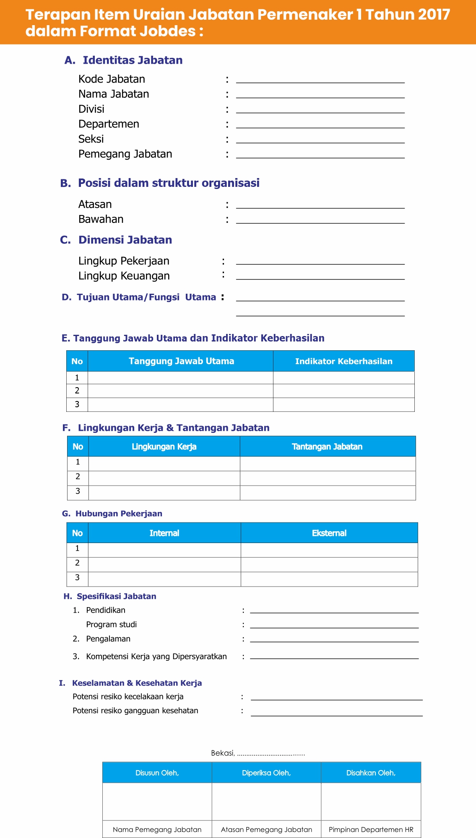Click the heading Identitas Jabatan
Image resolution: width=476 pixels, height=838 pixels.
(x=133, y=60)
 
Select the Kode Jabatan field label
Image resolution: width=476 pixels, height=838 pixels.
(x=112, y=79)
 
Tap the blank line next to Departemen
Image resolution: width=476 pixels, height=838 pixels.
(x=320, y=124)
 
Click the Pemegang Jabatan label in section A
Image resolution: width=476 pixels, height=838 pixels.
(x=125, y=154)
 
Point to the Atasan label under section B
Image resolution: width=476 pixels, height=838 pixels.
(x=95, y=204)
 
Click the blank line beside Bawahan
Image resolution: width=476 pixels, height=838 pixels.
(x=320, y=220)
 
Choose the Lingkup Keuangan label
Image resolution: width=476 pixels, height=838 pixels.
(x=124, y=276)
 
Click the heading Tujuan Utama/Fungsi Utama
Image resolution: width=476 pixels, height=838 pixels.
(x=146, y=297)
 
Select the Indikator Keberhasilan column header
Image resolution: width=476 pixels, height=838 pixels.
(x=343, y=361)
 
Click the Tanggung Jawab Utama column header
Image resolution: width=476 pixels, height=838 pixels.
(x=181, y=361)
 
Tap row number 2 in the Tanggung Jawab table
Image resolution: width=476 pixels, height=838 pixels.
(x=77, y=391)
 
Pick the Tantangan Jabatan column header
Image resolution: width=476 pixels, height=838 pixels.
(x=327, y=447)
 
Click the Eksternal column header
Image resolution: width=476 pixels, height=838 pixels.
(x=329, y=533)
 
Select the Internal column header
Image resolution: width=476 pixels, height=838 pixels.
(x=164, y=533)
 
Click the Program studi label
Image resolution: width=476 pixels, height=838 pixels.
(x=111, y=625)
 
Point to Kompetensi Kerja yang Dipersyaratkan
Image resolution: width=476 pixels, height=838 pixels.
(x=156, y=657)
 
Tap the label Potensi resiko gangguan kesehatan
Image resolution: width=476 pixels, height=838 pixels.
(x=135, y=711)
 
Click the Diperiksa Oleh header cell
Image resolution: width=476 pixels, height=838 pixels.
(x=266, y=773)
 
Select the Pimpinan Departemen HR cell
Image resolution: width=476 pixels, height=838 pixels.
(x=371, y=830)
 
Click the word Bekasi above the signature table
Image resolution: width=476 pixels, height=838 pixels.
(x=222, y=753)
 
